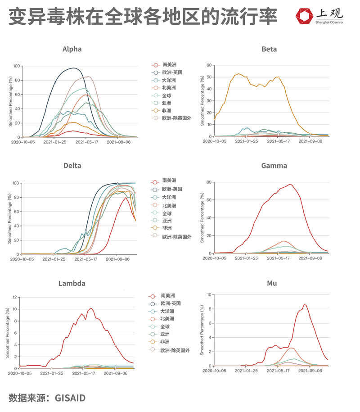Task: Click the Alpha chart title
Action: tap(72, 49)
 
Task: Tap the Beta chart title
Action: tap(269, 49)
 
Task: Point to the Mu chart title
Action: tap(272, 283)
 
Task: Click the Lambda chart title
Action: tap(72, 283)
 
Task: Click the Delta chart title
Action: tap(72, 166)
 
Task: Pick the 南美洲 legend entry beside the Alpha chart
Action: tap(169, 64)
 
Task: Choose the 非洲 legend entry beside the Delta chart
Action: tap(167, 228)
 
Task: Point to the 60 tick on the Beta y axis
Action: tap(209, 65)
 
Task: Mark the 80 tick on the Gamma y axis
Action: tap(209, 182)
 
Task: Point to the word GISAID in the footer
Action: tap(70, 398)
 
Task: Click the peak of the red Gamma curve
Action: tap(291, 184)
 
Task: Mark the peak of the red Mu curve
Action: tap(305, 305)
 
